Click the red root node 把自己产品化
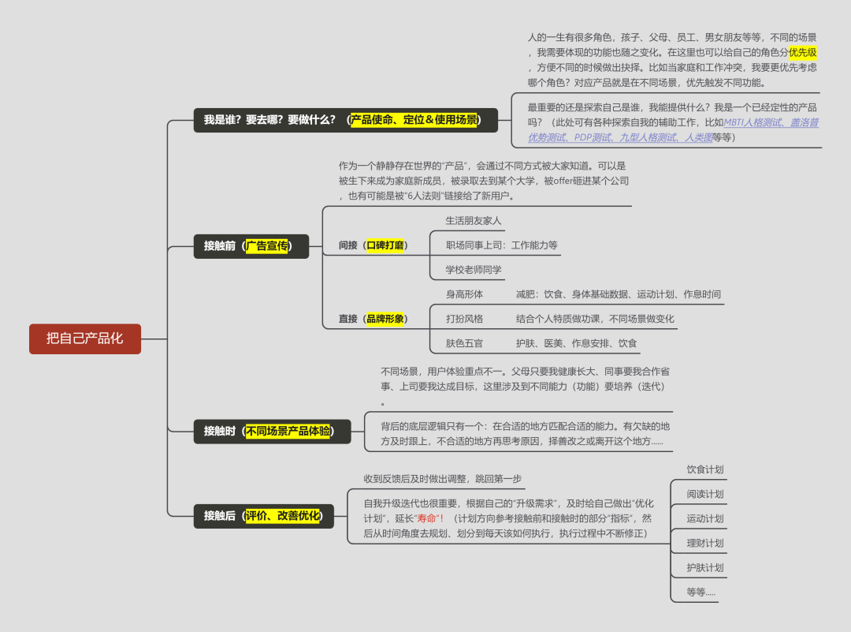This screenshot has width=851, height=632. pos(85,338)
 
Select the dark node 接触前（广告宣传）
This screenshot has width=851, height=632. pos(251,246)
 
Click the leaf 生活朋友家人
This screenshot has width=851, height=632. pos(474,221)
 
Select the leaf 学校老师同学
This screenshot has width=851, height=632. pos(474,270)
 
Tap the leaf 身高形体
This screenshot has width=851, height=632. pos(465,294)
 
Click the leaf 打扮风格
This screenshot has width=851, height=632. pos(465,319)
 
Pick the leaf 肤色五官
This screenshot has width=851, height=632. pos(465,343)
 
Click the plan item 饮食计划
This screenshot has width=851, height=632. pos(705,469)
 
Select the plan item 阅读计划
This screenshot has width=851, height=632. pos(705,494)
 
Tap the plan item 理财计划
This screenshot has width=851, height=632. pos(705,543)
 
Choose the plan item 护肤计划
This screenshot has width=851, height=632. pos(705,567)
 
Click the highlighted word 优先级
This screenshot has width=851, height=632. pos(803,52)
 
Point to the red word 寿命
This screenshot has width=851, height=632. pos(428,518)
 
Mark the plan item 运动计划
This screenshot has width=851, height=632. pos(705,518)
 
